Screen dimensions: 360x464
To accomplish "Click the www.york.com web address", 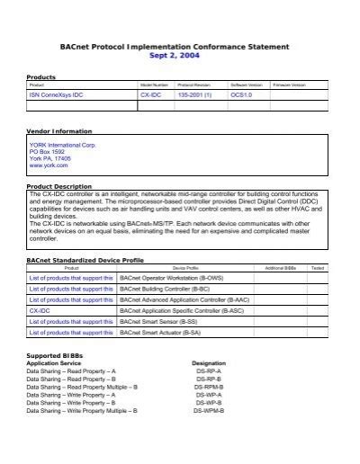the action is pyautogui.click(x=47, y=165).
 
